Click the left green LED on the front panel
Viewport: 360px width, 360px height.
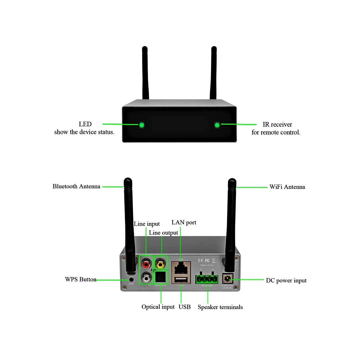click(141, 125)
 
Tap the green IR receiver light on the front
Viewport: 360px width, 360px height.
click(217, 125)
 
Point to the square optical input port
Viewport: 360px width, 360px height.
click(161, 277)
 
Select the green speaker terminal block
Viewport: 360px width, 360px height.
click(206, 279)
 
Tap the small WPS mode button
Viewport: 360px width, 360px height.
click(131, 279)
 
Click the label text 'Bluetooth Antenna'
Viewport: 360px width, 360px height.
click(76, 186)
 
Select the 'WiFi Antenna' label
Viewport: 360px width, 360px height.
click(287, 187)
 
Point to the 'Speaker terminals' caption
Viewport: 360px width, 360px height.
click(220, 307)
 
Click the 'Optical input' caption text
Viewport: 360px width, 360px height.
click(158, 307)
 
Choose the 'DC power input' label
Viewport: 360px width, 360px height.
click(286, 280)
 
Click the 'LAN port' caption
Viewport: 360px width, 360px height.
click(184, 222)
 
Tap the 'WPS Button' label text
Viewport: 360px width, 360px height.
click(80, 279)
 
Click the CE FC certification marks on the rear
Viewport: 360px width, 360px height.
click(204, 260)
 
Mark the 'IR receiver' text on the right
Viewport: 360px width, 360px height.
click(277, 124)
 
